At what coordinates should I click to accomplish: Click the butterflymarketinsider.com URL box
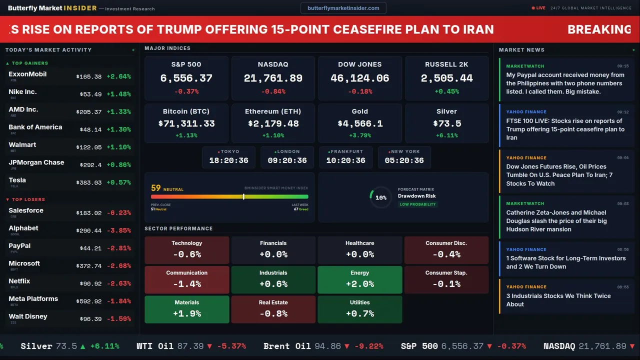(x=343, y=8)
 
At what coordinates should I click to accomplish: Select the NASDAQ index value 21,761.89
(x=273, y=78)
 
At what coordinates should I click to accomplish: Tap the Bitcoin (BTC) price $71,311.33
(x=186, y=123)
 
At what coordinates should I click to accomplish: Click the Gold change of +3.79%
(x=360, y=135)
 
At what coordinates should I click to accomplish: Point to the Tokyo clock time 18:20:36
(x=228, y=160)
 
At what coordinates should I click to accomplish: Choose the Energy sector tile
(x=360, y=280)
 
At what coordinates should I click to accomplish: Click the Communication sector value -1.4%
(x=186, y=284)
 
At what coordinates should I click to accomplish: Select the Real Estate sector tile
(x=273, y=309)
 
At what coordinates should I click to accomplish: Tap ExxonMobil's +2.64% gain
(x=118, y=76)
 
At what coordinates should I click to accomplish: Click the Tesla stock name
(x=17, y=180)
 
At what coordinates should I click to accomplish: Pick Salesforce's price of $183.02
(x=89, y=213)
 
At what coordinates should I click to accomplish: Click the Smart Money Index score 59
(x=156, y=188)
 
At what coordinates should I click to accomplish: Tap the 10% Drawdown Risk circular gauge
(x=380, y=197)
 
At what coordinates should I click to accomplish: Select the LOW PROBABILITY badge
(x=417, y=204)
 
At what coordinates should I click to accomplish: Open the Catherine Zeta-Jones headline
(x=556, y=221)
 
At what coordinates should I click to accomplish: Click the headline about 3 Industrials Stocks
(x=558, y=300)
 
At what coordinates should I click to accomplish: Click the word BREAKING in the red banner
(x=599, y=29)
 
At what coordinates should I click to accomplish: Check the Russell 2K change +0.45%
(x=446, y=91)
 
